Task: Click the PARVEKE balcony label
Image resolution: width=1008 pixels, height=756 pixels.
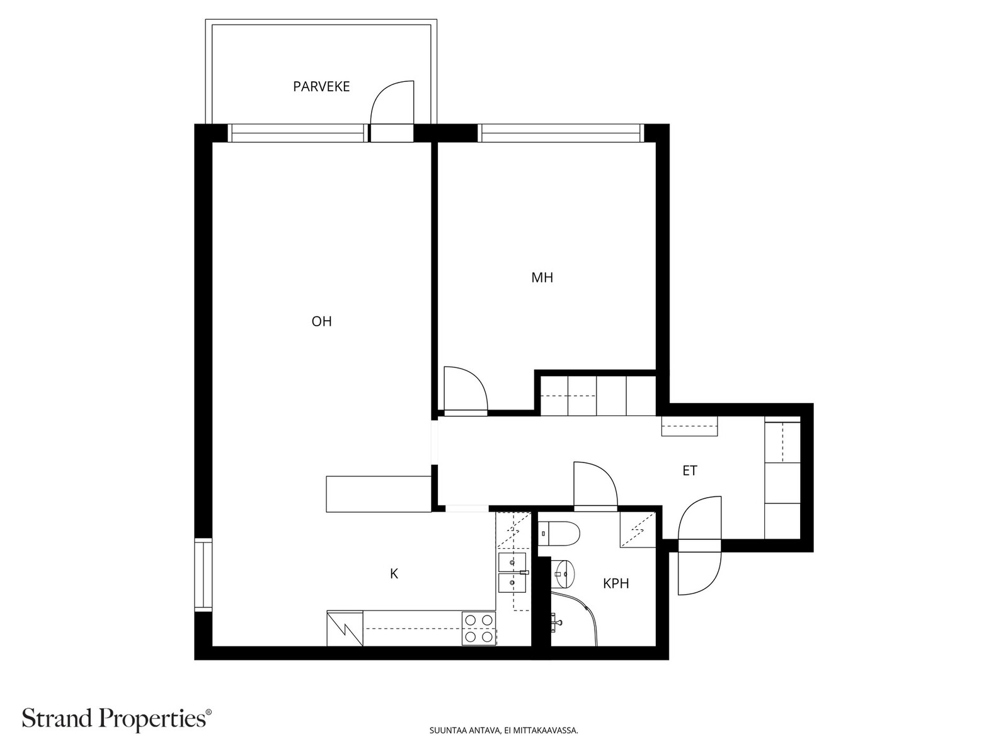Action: click(x=321, y=86)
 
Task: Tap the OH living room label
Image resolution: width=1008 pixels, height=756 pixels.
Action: click(x=321, y=321)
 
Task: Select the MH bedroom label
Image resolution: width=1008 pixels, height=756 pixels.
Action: click(x=542, y=277)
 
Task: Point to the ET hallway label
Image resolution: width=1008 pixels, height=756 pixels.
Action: click(x=690, y=471)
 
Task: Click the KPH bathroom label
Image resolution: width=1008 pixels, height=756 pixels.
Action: click(x=616, y=583)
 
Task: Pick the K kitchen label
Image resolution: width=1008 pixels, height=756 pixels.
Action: click(x=394, y=573)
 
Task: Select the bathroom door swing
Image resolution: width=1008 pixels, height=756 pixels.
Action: click(x=606, y=472)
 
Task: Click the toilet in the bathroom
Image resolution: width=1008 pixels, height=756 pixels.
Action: click(x=559, y=534)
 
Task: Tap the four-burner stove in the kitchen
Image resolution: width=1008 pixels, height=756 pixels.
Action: click(x=479, y=628)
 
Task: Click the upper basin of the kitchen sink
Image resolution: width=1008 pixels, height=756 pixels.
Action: click(x=512, y=562)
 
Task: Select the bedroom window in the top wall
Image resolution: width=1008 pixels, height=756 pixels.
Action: click(x=560, y=133)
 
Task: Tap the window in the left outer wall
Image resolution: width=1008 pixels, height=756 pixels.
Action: click(x=203, y=575)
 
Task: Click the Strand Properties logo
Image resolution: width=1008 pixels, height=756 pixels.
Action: click(x=117, y=718)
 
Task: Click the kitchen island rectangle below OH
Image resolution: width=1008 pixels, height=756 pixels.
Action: click(x=379, y=494)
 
